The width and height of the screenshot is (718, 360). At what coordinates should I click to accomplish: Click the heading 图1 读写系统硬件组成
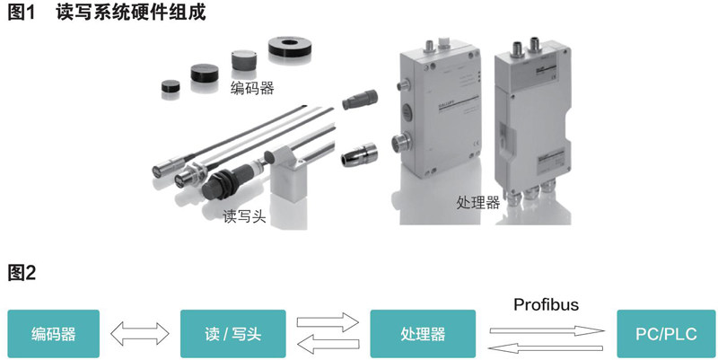pyautogui.click(x=107, y=13)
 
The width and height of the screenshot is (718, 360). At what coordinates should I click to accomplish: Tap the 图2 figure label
pyautogui.click(x=22, y=273)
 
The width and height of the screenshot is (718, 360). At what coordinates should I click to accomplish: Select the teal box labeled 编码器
pyautogui.click(x=54, y=334)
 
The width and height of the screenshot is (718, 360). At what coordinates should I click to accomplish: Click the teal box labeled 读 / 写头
pyautogui.click(x=233, y=334)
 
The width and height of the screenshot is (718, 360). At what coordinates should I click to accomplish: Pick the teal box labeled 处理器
pyautogui.click(x=423, y=334)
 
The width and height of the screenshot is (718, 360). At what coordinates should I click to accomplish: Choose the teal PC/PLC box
pyautogui.click(x=666, y=334)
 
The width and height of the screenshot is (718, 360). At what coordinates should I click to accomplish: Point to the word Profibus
pyautogui.click(x=546, y=304)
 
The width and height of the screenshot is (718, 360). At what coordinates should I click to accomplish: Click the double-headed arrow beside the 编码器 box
pyautogui.click(x=140, y=333)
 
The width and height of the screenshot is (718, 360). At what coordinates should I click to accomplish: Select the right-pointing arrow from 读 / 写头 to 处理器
pyautogui.click(x=328, y=322)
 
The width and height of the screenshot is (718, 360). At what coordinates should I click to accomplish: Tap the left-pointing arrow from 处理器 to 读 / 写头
pyautogui.click(x=328, y=345)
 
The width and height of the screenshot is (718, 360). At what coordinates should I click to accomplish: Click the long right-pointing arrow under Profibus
pyautogui.click(x=547, y=330)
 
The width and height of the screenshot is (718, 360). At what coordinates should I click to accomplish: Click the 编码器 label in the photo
pyautogui.click(x=252, y=87)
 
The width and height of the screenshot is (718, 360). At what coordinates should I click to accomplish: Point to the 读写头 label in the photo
pyautogui.click(x=244, y=215)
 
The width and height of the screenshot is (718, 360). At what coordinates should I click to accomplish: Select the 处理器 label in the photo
pyautogui.click(x=478, y=202)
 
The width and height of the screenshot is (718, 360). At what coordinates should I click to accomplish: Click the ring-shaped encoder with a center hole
pyautogui.click(x=288, y=48)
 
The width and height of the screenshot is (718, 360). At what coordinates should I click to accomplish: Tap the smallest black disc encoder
pyautogui.click(x=171, y=88)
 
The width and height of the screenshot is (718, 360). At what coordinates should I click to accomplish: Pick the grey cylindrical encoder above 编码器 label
pyautogui.click(x=243, y=60)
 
